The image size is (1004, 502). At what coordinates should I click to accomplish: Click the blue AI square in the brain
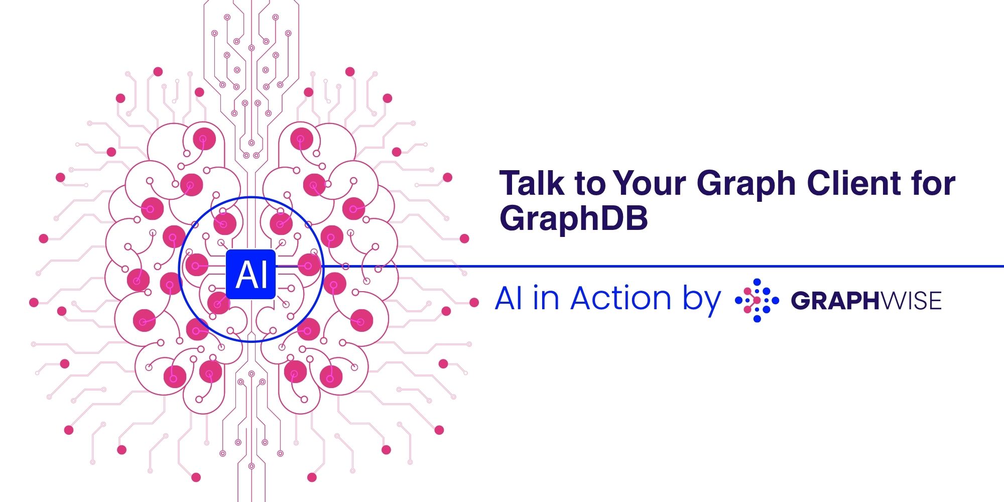point(251,274)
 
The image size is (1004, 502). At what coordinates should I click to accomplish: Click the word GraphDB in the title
point(573,219)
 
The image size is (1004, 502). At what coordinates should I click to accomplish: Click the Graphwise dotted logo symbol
point(757,300)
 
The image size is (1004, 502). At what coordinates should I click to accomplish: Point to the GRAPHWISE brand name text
point(866,301)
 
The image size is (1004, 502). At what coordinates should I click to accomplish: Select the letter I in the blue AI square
point(265,275)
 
